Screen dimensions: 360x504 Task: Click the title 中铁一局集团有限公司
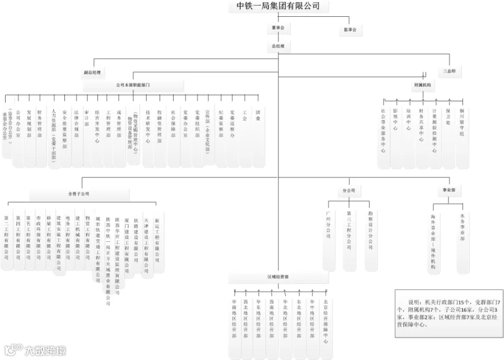coord(278,6)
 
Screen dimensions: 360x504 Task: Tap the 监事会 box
coord(350,29)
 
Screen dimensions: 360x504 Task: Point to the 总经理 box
coord(278,45)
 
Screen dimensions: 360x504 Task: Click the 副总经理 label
coord(92,73)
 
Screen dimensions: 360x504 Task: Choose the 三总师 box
coord(449,72)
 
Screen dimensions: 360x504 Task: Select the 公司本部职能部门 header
coord(133,85)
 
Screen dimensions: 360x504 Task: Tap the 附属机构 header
coord(422,85)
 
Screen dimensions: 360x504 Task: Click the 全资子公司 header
coord(78,194)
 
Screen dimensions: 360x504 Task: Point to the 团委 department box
coord(258,132)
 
